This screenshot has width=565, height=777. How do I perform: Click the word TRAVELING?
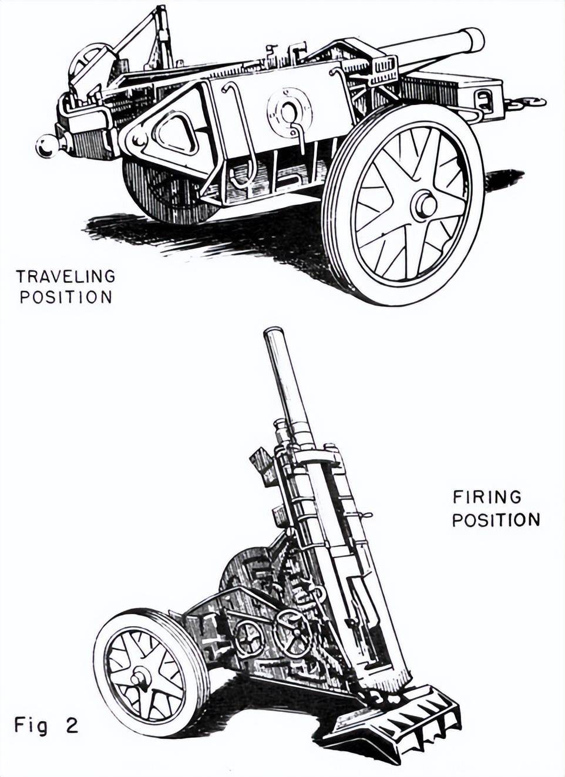[65, 276]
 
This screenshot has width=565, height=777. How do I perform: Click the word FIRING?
[487, 497]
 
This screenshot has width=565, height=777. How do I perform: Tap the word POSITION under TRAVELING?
[66, 297]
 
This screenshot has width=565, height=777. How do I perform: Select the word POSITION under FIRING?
[496, 520]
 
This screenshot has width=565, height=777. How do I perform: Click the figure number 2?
[72, 726]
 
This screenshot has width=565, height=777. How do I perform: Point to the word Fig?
[31, 727]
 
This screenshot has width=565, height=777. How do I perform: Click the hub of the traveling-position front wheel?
[425, 205]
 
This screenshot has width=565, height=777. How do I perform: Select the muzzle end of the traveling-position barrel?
[473, 40]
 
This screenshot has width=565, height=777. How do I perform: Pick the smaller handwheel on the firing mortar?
[249, 639]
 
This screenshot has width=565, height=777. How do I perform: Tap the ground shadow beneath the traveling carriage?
[235, 235]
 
